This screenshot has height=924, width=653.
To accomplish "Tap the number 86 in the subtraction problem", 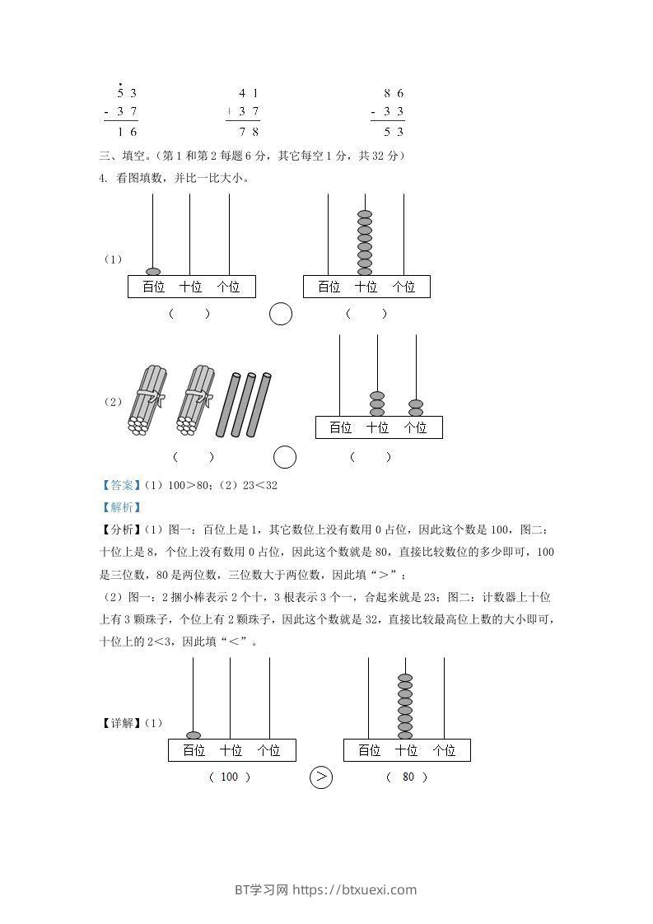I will (394, 93).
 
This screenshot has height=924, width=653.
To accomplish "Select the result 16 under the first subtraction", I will (127, 132).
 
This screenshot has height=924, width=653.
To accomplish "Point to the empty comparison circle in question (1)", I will (281, 314).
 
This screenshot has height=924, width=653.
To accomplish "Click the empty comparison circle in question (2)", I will (285, 457).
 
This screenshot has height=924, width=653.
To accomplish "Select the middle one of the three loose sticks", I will (243, 404).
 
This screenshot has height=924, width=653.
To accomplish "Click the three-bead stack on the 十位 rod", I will (377, 404).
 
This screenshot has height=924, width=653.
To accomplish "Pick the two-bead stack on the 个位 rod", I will (416, 408).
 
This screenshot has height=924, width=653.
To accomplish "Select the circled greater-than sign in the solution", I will (320, 777).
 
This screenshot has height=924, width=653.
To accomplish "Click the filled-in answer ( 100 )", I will (229, 777).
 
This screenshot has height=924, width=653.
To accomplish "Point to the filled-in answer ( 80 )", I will (408, 777).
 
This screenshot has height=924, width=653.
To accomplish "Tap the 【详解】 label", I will (120, 724).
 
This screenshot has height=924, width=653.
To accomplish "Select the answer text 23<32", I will (259, 486).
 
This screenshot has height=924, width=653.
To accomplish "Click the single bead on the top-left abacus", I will (153, 272).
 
